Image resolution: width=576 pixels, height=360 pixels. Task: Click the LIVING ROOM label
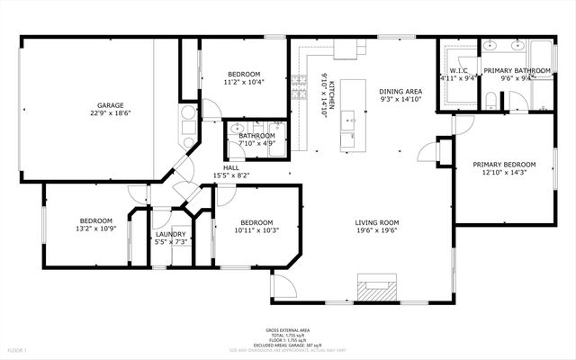[377, 222]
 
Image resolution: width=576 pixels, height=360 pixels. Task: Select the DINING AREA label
[400, 91]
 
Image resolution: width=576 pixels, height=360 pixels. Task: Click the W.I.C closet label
[457, 70]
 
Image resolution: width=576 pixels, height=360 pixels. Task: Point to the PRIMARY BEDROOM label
[505, 164]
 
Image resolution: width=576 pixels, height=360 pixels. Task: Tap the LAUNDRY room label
[170, 234]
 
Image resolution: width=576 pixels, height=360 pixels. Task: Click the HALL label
[231, 167]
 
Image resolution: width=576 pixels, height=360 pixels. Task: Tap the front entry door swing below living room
[281, 288]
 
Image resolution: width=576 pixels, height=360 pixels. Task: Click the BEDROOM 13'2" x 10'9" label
[95, 220]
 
